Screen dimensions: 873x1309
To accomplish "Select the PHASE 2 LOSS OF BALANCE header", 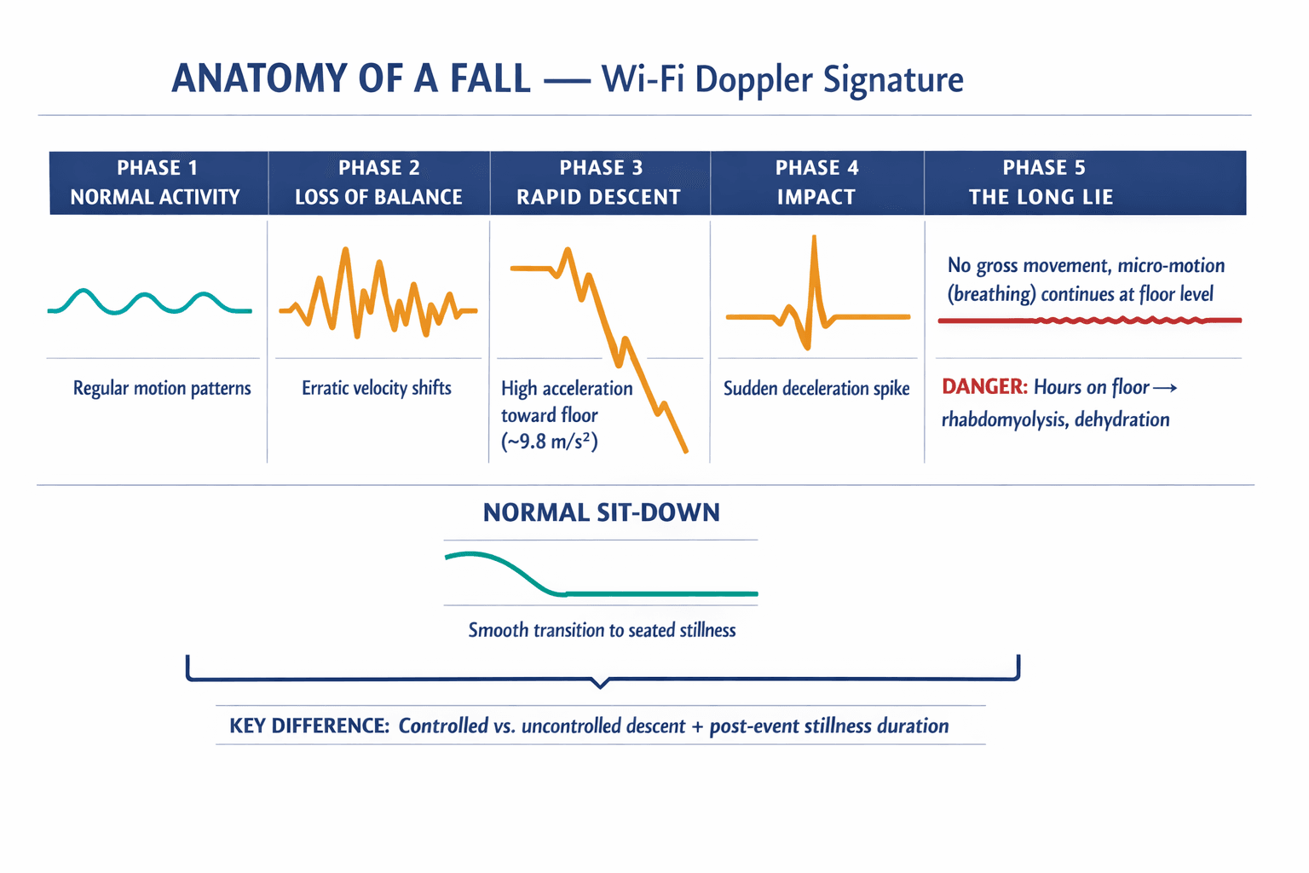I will [x=378, y=182].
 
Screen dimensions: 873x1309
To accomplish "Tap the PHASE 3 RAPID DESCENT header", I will [x=599, y=182].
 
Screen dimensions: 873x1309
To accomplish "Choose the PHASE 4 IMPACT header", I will [x=816, y=182].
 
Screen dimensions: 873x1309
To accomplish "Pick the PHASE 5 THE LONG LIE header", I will [x=1042, y=182].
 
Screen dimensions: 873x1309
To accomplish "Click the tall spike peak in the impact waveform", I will [x=814, y=240].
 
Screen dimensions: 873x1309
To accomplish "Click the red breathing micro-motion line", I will [x=1091, y=321].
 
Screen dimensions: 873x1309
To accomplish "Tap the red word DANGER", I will [x=984, y=387].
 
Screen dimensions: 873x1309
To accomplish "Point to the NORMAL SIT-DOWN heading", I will [x=602, y=512].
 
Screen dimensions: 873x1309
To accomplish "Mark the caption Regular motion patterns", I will [x=162, y=389].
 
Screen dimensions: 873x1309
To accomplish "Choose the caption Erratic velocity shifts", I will [x=377, y=388].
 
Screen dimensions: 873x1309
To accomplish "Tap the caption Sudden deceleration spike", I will [x=816, y=389].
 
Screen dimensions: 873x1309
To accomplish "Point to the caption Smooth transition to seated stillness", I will [x=602, y=630].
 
